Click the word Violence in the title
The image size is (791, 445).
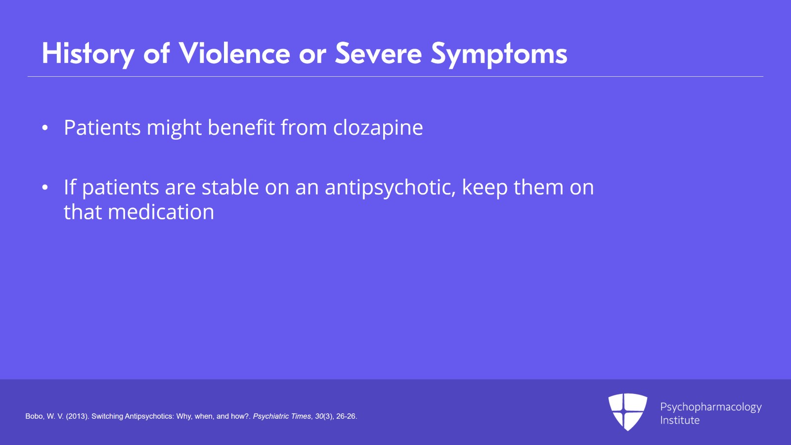[234, 53]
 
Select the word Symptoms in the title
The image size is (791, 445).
[499, 53]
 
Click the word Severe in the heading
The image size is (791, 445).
[378, 53]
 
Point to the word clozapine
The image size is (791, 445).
[378, 128]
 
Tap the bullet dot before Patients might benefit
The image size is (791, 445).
[45, 128]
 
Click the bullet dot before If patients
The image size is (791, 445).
[45, 188]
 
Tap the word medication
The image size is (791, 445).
[161, 212]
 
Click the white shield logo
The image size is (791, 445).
[627, 411]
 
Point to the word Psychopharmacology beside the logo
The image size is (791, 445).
[710, 407]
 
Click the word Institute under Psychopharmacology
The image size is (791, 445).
[680, 420]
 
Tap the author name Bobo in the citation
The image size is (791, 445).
[34, 416]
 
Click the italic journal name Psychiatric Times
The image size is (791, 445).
[282, 416]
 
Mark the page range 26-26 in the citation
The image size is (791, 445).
[346, 416]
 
